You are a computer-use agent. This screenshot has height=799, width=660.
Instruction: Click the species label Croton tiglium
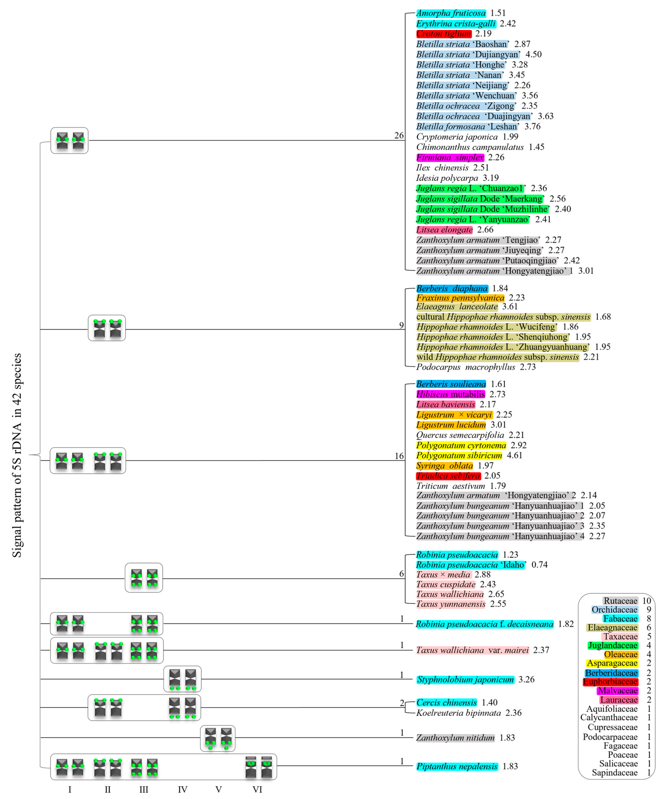(x=443, y=34)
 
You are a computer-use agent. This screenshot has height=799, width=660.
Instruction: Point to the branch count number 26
(x=399, y=136)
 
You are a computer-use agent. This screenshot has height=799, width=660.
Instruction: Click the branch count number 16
(x=399, y=456)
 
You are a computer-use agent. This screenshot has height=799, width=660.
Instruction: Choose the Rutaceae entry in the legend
(x=620, y=601)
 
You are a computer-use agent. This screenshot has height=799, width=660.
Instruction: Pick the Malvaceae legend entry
(x=617, y=690)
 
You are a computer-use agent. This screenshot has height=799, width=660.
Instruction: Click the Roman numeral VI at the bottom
(x=257, y=790)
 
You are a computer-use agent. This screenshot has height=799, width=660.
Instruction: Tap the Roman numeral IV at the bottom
(x=182, y=790)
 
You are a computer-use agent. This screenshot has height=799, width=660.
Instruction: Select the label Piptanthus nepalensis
(x=457, y=766)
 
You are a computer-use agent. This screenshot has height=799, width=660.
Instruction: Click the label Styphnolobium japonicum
(x=465, y=679)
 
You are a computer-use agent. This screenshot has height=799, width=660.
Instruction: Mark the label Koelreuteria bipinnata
(x=458, y=713)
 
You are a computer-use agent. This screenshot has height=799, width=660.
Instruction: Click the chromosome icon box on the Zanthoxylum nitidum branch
(x=217, y=738)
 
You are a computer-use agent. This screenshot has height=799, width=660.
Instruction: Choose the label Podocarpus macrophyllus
(x=465, y=367)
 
